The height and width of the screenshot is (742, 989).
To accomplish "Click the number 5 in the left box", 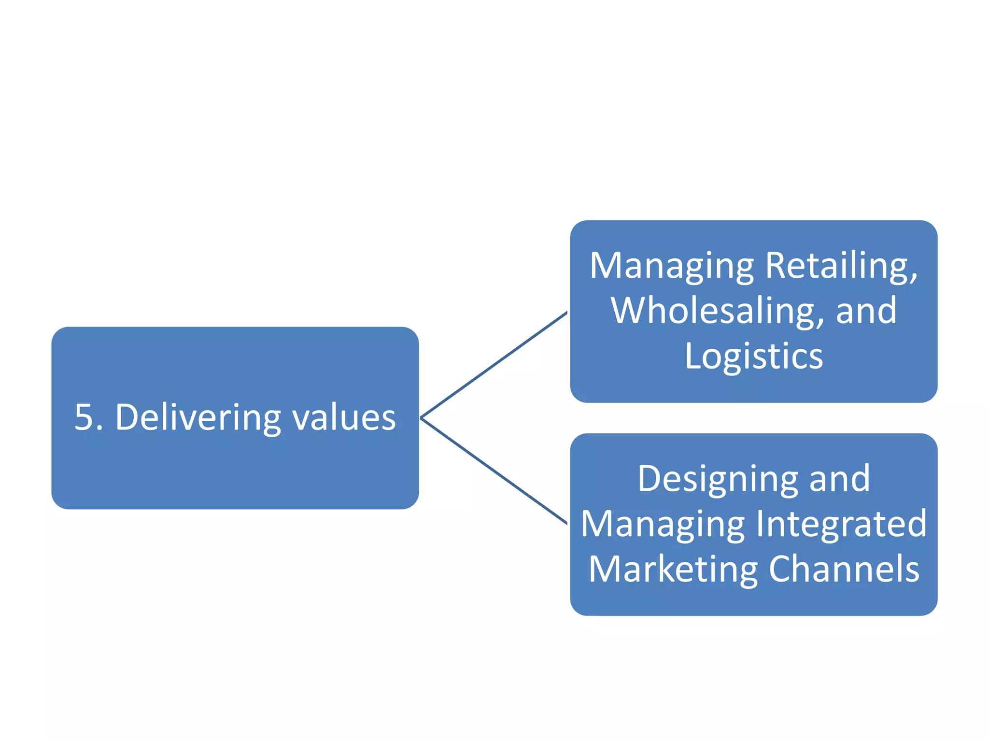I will tap(85, 417).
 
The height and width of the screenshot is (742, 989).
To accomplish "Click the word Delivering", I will tap(198, 418).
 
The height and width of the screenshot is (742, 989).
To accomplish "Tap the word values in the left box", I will tap(344, 418).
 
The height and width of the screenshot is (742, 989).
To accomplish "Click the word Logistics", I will tap(754, 357).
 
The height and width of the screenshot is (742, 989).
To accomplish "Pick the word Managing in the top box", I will tap(671, 267).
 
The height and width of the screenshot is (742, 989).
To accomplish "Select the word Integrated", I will tap(841, 524).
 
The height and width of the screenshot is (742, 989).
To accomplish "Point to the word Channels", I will tap(844, 569).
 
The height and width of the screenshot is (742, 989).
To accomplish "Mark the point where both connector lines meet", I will tap(421, 418).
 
